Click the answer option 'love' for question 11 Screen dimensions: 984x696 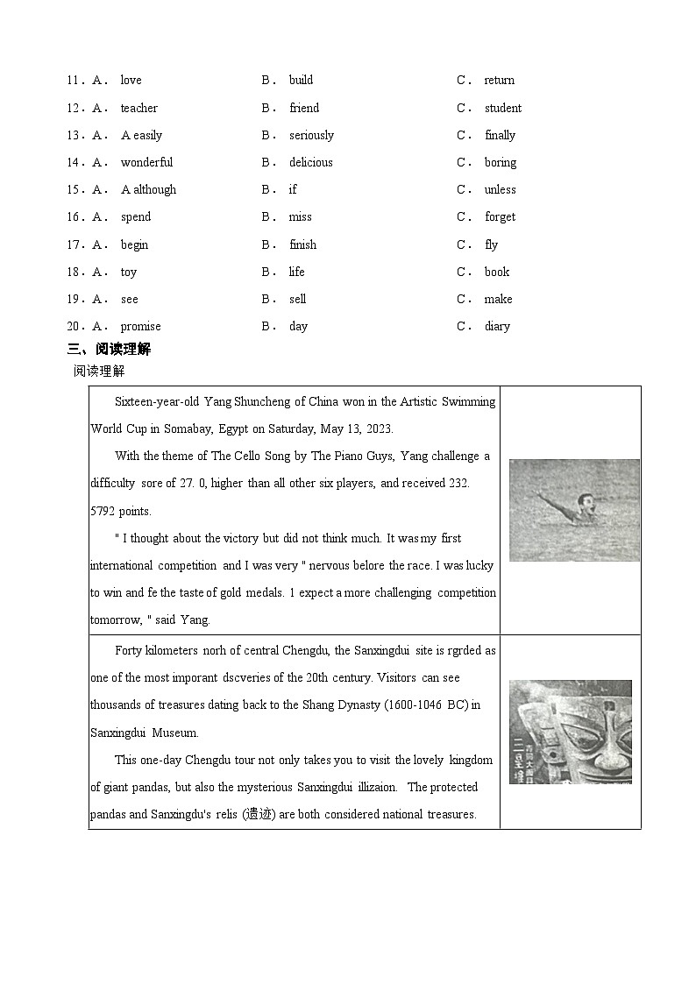tap(131, 81)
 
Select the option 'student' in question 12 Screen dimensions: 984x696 tap(502, 109)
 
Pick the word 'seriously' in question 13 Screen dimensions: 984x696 tap(311, 136)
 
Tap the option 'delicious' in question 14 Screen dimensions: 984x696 tap(310, 163)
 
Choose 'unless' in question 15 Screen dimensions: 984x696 tap(500, 190)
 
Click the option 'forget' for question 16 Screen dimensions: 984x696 tap(500, 217)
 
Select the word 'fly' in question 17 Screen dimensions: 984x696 tap(491, 245)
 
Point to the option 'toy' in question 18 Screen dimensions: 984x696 tap(129, 273)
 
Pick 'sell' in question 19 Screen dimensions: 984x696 tap(298, 300)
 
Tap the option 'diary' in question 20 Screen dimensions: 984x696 tap(497, 327)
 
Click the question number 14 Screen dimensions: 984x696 tap(74, 163)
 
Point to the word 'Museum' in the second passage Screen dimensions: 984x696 tap(175, 733)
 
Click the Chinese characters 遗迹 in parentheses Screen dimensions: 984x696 tap(257, 815)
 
